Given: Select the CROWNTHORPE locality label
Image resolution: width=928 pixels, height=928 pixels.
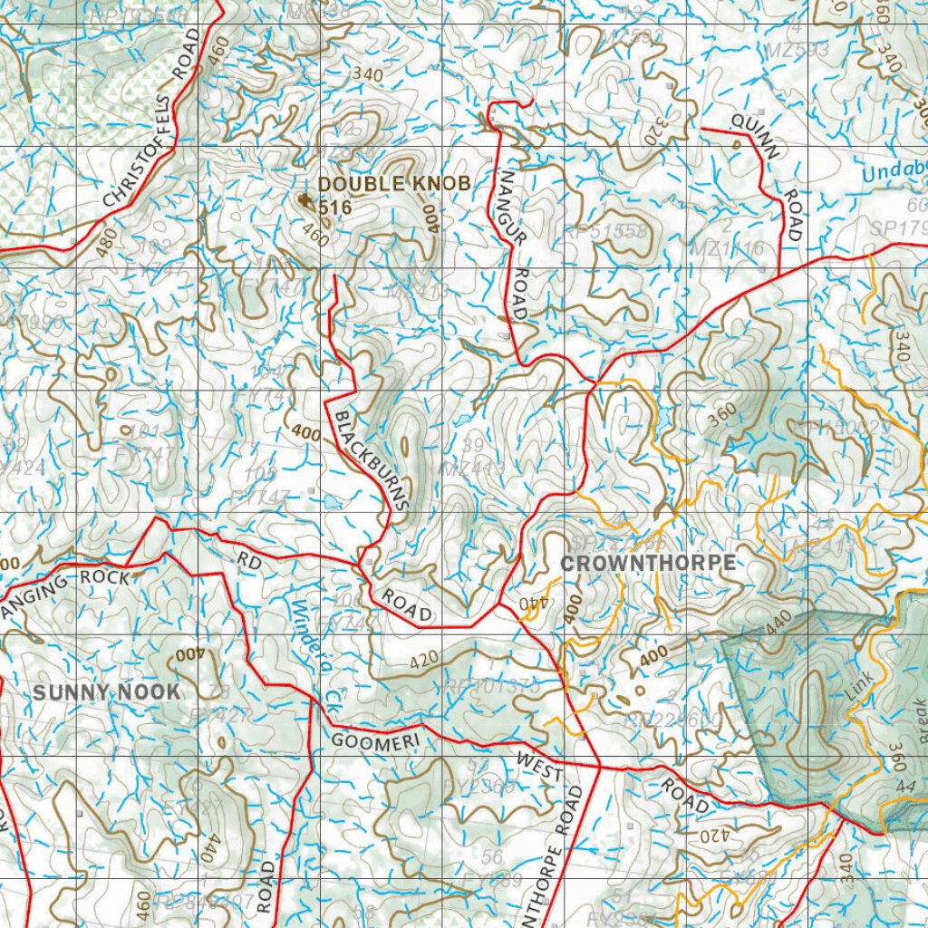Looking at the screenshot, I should pyautogui.click(x=648, y=563).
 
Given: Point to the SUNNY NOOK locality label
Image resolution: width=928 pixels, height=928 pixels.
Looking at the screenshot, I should pyautogui.click(x=107, y=692).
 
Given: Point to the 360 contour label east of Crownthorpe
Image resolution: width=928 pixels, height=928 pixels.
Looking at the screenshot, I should pyautogui.click(x=721, y=415).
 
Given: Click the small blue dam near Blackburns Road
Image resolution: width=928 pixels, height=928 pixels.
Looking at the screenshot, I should pyautogui.click(x=332, y=501).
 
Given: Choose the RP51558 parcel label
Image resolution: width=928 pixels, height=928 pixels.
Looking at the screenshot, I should pyautogui.click(x=605, y=230).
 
